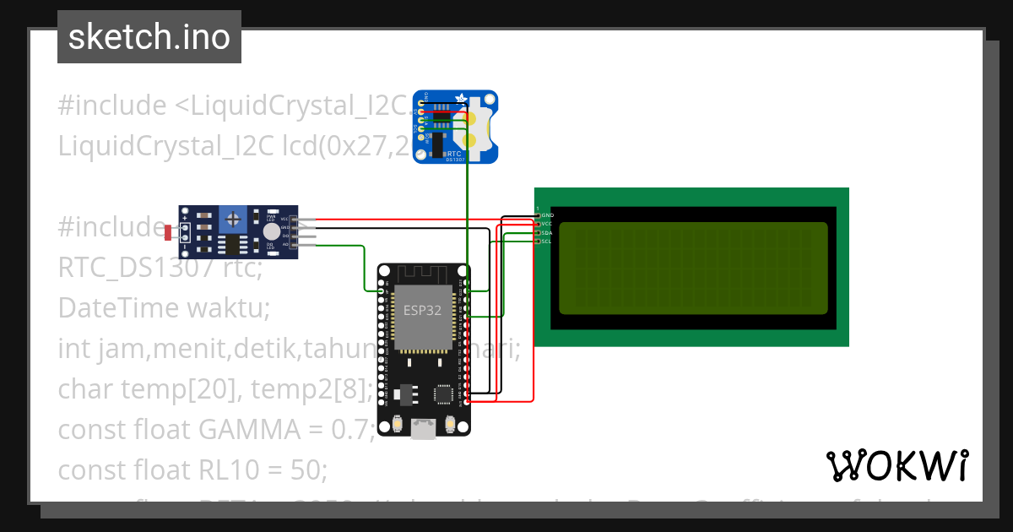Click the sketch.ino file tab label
point(149,37)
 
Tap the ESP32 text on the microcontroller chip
point(421,310)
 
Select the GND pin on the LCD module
point(538,215)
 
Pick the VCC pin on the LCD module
point(538,224)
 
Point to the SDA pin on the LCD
point(538,232)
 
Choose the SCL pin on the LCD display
point(538,241)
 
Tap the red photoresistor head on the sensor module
point(168,231)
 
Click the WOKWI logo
point(897,465)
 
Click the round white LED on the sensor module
point(270,231)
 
